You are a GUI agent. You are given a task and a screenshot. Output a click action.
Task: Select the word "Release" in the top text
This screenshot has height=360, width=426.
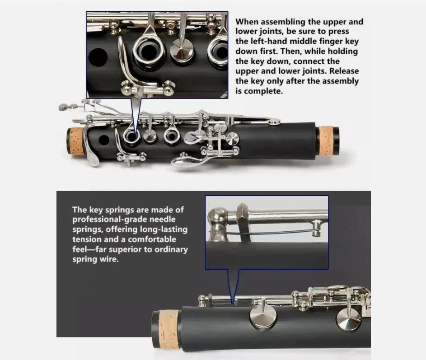(x=344, y=71)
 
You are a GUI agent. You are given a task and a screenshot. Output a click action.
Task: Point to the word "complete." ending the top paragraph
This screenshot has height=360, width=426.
(x=263, y=91)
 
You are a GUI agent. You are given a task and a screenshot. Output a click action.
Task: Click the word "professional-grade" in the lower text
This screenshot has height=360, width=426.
(x=124, y=220)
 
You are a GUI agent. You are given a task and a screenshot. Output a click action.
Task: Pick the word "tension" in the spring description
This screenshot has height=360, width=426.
(x=87, y=239)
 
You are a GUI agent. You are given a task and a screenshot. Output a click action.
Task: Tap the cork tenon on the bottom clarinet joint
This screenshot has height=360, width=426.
(x=169, y=329)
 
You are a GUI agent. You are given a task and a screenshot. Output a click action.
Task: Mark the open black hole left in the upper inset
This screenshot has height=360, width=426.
(x=98, y=57)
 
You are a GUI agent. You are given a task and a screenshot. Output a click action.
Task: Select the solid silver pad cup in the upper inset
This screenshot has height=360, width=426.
(x=182, y=51)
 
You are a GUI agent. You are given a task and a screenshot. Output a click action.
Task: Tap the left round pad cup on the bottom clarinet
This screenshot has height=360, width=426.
(x=263, y=317)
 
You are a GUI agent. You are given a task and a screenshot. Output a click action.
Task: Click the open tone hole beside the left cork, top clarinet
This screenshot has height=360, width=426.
(x=104, y=140)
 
